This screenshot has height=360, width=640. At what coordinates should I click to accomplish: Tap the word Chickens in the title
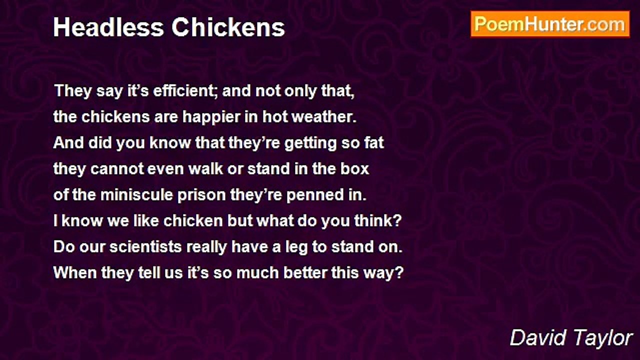(228, 28)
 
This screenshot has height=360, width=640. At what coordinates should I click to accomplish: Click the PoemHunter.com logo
(550, 24)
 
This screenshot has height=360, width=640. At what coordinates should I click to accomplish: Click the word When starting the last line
(70, 273)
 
